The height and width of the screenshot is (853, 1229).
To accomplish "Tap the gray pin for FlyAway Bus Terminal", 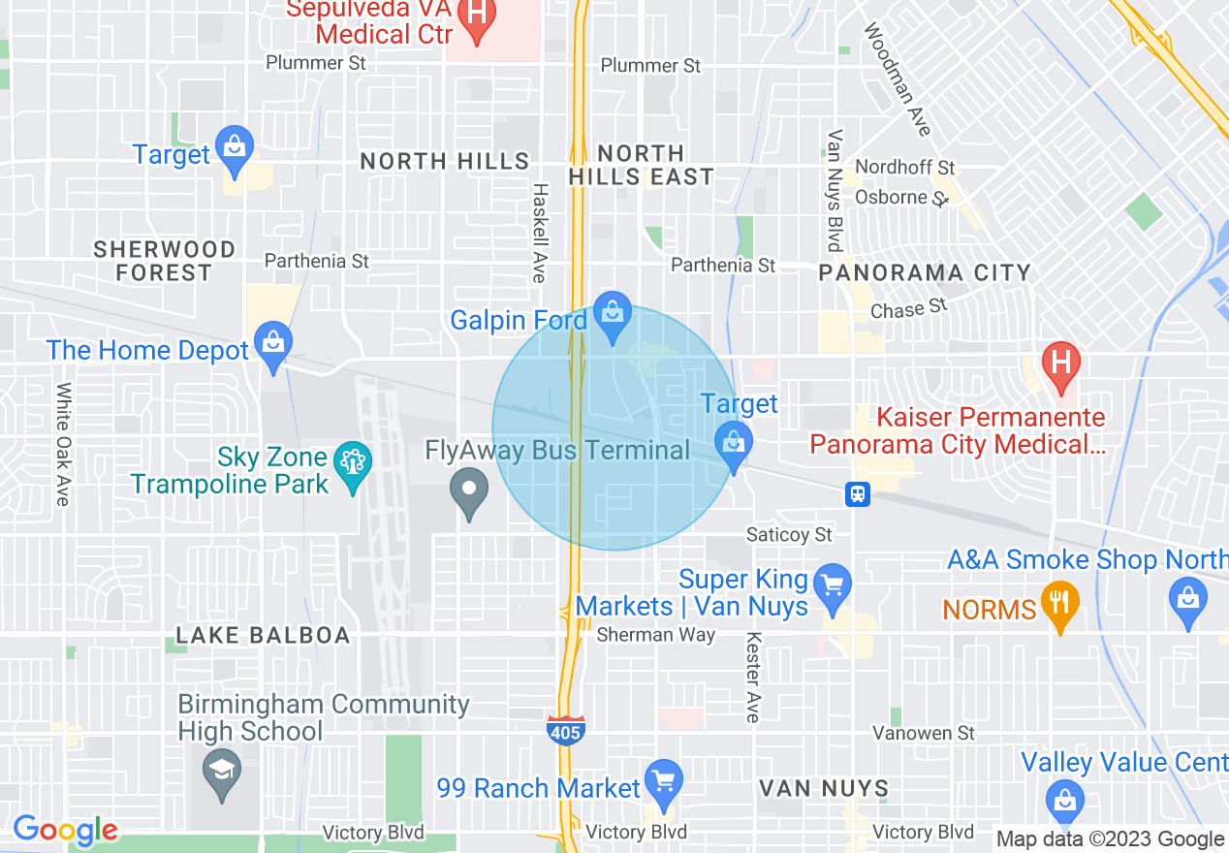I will click(470, 492).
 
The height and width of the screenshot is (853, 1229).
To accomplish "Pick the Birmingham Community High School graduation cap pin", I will click(222, 774).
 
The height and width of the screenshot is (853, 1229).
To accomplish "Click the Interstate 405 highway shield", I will click(565, 729).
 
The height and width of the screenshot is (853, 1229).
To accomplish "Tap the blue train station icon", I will click(857, 494).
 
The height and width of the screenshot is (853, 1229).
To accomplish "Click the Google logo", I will click(64, 830).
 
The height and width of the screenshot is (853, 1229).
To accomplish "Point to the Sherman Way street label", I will click(655, 635).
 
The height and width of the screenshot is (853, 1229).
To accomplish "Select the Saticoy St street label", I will click(789, 534).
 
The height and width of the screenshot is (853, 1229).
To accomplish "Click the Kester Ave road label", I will click(753, 678).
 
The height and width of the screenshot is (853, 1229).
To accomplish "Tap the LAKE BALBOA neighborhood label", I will click(263, 636).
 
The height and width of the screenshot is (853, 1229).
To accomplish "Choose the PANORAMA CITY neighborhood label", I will click(924, 272).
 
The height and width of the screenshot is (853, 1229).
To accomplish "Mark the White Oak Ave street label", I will click(63, 444).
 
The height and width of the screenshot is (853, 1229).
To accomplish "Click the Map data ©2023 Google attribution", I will click(1110, 839).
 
